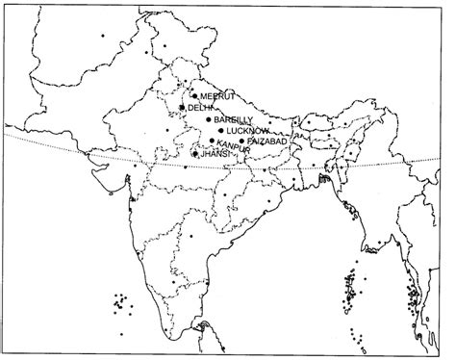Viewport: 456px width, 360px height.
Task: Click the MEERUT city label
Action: point(213,96)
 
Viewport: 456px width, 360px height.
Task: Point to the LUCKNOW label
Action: point(244,130)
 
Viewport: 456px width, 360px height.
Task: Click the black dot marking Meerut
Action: point(194,95)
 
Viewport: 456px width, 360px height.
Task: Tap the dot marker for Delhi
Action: point(183,108)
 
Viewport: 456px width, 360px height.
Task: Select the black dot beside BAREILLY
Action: point(209,119)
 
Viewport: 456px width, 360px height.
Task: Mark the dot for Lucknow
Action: point(220,130)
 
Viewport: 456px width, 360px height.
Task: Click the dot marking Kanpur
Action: point(211,140)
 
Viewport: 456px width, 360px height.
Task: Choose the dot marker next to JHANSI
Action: point(195,154)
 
